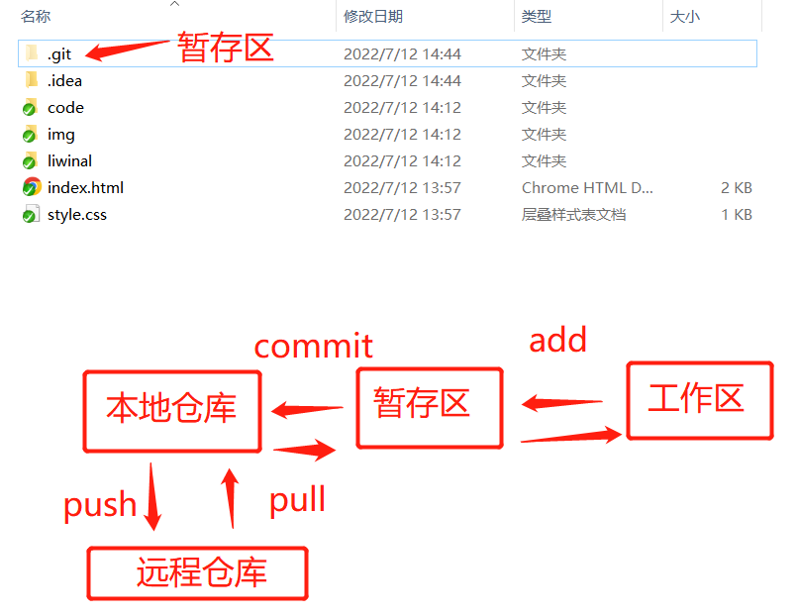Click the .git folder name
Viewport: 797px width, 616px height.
(x=59, y=53)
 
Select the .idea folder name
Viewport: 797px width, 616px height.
(x=64, y=80)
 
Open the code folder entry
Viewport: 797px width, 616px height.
(x=65, y=107)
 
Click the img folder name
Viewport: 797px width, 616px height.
(x=61, y=134)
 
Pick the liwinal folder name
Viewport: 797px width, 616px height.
(x=69, y=160)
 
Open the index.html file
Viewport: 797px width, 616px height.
(x=85, y=187)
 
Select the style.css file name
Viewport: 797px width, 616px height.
(x=77, y=214)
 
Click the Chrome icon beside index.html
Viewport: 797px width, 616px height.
(x=31, y=187)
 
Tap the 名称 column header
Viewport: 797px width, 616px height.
(x=36, y=17)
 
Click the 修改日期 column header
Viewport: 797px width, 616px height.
(x=373, y=17)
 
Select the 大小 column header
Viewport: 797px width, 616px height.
(x=685, y=17)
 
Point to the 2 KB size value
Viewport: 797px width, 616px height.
(x=736, y=187)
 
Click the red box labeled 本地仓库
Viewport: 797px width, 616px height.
(x=172, y=410)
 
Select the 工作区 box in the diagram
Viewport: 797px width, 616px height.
(x=699, y=400)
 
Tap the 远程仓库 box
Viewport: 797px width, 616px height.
(x=198, y=572)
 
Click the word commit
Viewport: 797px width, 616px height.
(x=313, y=346)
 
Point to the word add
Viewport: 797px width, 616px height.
(x=557, y=340)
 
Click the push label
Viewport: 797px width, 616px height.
(x=100, y=505)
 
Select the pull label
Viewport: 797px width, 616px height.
(x=297, y=499)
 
